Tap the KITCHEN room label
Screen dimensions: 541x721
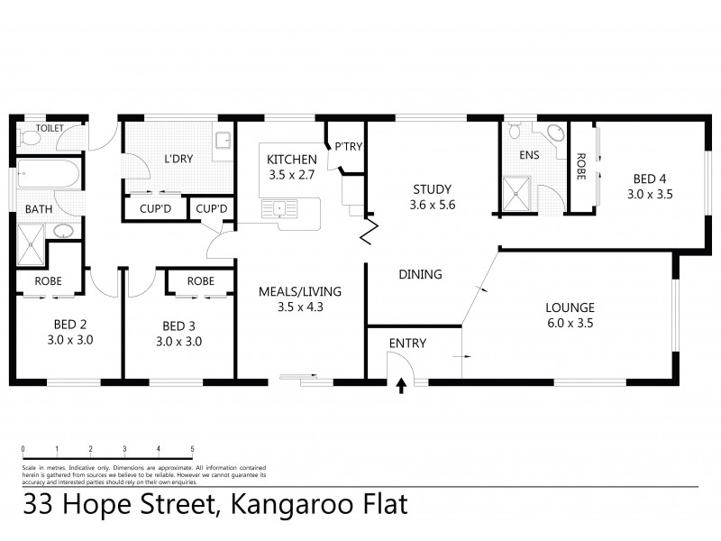pyautogui.click(x=290, y=160)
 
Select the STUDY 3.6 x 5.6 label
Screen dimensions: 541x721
pyautogui.click(x=432, y=189)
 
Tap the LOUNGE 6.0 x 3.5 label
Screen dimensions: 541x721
pyautogui.click(x=569, y=307)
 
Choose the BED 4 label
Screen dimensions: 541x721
pyautogui.click(x=650, y=179)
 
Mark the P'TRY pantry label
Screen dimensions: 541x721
pyautogui.click(x=347, y=146)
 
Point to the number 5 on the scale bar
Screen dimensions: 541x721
pyautogui.click(x=192, y=448)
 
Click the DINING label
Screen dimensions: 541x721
pyautogui.click(x=420, y=274)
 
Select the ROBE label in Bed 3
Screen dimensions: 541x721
pyautogui.click(x=200, y=280)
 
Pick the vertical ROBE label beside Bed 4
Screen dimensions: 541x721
pyautogui.click(x=580, y=166)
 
